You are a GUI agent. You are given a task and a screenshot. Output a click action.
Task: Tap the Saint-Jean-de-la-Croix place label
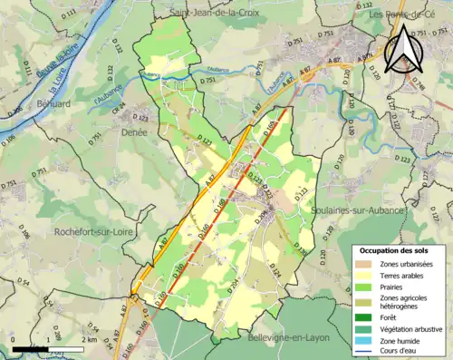[212, 13]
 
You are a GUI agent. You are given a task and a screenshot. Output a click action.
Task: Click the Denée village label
[134, 131]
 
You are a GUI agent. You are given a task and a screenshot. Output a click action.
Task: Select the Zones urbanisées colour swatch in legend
[366, 263]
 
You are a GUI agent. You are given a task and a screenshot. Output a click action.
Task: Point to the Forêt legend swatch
[366, 317]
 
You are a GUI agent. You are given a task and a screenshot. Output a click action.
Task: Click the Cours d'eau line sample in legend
[366, 351]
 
